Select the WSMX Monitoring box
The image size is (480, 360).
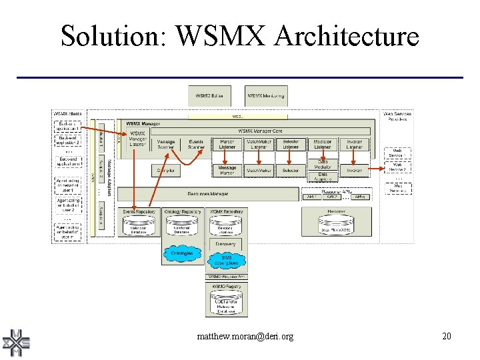[266, 97]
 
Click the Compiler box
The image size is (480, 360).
[165, 171]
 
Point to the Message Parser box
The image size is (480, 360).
[227, 171]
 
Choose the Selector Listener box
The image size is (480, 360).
[291, 144]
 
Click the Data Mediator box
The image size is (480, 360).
[323, 164]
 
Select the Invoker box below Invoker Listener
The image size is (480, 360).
[355, 171]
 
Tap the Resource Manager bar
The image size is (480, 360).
[208, 194]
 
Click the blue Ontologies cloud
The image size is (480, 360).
[181, 253]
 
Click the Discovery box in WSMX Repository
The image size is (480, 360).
[225, 244]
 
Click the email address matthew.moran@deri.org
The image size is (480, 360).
[245, 337]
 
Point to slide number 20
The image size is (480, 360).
[447, 337]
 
